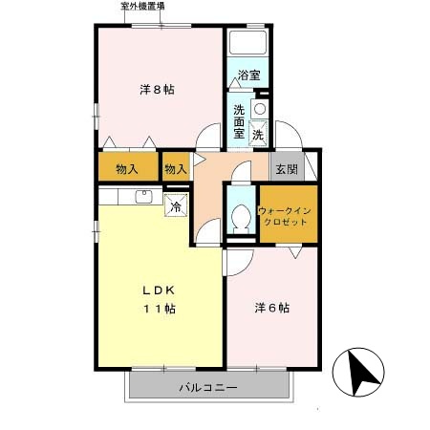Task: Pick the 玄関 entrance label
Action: pyautogui.click(x=286, y=169)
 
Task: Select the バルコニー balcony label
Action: pyautogui.click(x=207, y=388)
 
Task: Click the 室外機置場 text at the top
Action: pyautogui.click(x=142, y=6)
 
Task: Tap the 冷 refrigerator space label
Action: pyautogui.click(x=176, y=205)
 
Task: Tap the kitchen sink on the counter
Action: pyautogui.click(x=143, y=198)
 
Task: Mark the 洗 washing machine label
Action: pyautogui.click(x=258, y=135)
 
